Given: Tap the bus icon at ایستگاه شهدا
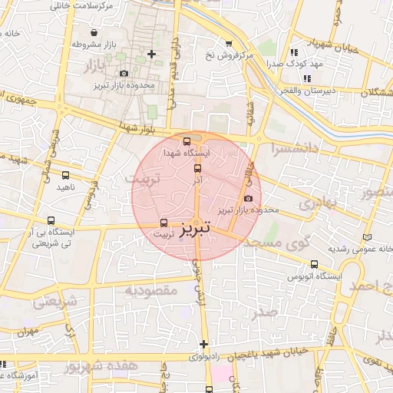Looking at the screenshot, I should [x=187, y=141].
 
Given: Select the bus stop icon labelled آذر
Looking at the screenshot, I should [x=197, y=168].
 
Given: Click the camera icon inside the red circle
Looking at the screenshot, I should [x=247, y=199].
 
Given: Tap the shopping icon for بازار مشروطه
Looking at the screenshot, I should [x=94, y=33].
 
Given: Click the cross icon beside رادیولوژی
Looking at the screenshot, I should [x=203, y=344].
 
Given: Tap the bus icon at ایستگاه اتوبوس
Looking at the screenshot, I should [x=315, y=263].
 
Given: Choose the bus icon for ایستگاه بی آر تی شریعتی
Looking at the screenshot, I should [x=51, y=220].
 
